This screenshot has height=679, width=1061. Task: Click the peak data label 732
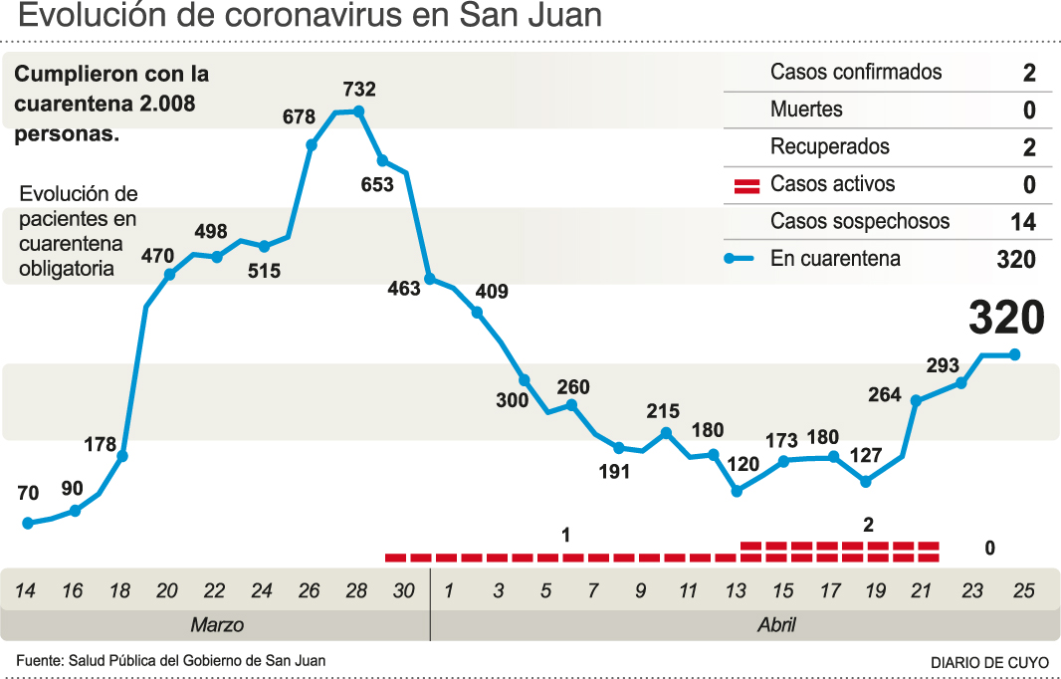[358, 89]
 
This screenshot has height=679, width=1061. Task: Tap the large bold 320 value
[1006, 318]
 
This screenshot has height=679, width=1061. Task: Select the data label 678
[299, 116]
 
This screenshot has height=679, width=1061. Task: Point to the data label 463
[404, 290]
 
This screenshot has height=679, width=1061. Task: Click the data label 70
[28, 493]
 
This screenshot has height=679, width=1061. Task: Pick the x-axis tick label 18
[119, 591]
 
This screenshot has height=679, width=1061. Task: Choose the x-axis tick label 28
[356, 591]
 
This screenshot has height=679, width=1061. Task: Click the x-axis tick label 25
[1022, 591]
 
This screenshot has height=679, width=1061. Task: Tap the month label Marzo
[217, 625]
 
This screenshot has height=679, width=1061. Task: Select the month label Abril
[776, 625]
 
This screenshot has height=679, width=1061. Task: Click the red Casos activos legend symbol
[746, 185]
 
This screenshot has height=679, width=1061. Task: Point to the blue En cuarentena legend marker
[742, 259]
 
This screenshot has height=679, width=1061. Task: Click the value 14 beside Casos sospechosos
[1022, 222]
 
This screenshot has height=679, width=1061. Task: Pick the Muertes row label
[806, 110]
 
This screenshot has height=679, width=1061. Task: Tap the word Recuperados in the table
[830, 146]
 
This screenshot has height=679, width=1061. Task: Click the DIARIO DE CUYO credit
[989, 662]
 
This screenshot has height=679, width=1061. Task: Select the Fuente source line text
[170, 660]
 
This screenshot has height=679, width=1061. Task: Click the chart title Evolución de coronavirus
[310, 17]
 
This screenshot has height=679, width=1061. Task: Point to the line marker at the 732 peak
[358, 112]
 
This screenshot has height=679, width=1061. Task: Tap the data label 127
[866, 456]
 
